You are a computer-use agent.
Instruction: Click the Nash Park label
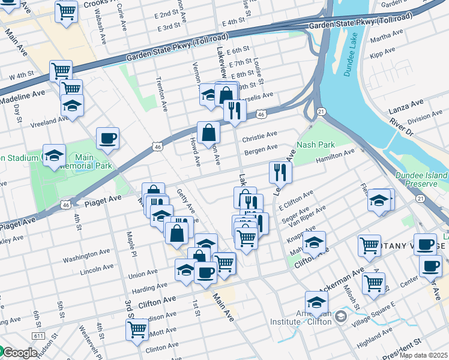point(315,145)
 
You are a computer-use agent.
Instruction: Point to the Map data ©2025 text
point(423,355)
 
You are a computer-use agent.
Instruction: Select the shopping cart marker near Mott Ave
point(137,329)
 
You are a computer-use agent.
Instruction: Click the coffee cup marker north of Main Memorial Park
point(107,138)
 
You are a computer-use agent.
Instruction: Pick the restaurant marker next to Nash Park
point(280,172)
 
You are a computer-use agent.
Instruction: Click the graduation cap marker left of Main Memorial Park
point(53,155)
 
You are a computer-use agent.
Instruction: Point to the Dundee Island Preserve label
point(422,178)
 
